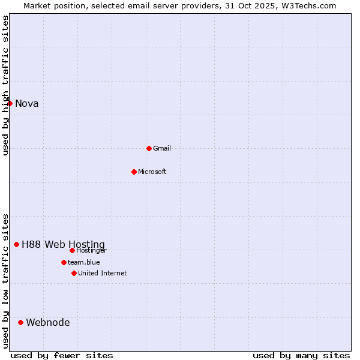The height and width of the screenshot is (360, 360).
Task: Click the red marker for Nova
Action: [x=10, y=103]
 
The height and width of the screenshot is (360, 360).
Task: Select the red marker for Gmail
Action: [x=149, y=148]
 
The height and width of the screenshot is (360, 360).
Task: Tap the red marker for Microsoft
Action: [x=134, y=172]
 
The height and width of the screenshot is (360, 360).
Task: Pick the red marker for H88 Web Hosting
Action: [x=17, y=244]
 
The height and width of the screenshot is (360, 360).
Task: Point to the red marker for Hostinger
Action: [x=72, y=250]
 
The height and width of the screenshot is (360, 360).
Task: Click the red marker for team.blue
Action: [x=64, y=262]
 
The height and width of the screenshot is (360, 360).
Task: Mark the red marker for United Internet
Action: [x=74, y=273]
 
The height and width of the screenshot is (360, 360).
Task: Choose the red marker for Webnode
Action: [x=21, y=322]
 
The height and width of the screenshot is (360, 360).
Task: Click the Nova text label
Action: [x=27, y=103]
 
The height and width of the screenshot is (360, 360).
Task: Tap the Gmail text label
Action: [x=162, y=148]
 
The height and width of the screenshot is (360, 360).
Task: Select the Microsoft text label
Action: [x=152, y=172]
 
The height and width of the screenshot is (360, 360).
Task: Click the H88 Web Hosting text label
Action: [x=63, y=244]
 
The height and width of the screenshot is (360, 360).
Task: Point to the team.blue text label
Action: [x=84, y=262]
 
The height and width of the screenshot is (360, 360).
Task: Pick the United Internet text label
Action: [x=103, y=273]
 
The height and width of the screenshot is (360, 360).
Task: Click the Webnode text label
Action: [x=48, y=322]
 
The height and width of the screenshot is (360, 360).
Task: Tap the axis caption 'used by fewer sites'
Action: [x=62, y=355]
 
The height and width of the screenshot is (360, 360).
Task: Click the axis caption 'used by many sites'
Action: [x=301, y=355]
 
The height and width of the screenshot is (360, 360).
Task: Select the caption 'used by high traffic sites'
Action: [x=5, y=85]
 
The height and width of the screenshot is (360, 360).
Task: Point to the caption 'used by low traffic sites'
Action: [x=5, y=281]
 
